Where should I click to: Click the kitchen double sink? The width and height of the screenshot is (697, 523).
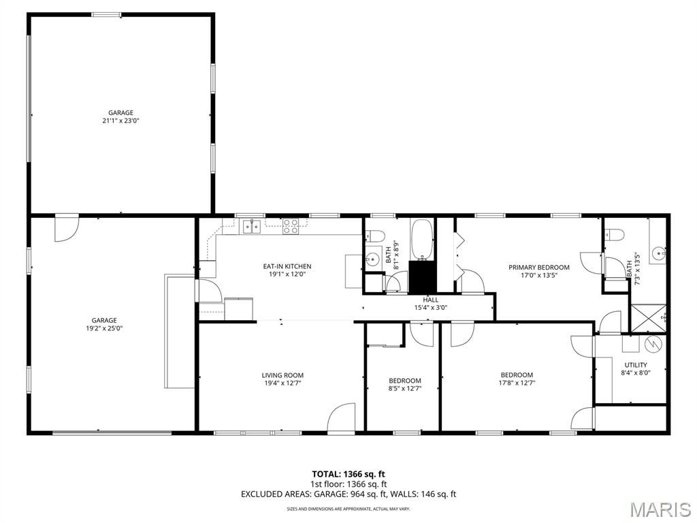(252, 226)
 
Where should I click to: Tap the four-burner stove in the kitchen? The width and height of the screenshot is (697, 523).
(291, 226)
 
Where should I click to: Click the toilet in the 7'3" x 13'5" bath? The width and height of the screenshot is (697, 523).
(615, 234)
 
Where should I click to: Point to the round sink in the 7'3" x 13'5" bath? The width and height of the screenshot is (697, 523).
(659, 253)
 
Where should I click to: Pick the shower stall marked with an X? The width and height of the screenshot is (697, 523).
(649, 318)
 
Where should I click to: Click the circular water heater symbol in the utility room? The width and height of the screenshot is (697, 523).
(653, 343)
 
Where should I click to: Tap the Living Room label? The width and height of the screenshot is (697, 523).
(282, 375)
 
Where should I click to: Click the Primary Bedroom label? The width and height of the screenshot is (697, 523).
(539, 267)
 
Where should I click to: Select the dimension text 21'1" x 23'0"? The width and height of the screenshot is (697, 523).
(121, 121)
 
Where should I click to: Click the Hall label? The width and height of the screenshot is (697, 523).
(430, 300)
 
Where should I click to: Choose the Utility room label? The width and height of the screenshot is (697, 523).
(636, 365)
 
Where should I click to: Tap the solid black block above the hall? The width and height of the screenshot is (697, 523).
(422, 276)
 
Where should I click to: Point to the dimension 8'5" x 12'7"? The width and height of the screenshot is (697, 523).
(405, 388)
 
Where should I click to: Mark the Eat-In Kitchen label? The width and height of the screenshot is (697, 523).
(287, 266)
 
